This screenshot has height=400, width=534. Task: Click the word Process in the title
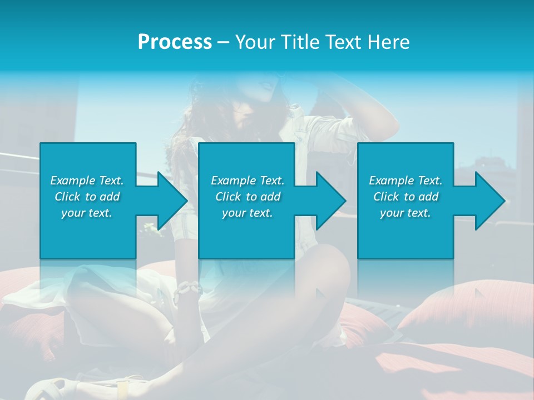175,42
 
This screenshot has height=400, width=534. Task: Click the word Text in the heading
344,42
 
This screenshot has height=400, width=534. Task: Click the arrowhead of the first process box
172,201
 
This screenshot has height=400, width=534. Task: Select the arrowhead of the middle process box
330,201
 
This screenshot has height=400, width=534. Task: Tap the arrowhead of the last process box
489,201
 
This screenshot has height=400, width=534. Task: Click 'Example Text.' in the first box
87,181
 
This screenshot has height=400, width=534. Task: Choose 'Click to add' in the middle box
248,197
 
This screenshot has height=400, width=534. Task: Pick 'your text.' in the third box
405,213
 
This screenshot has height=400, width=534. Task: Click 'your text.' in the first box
87,213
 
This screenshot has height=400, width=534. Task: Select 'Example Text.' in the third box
405,181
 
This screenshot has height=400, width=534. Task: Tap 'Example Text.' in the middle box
248,181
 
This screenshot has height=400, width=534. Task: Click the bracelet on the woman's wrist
187,289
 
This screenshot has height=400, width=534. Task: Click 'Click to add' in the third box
405,197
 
